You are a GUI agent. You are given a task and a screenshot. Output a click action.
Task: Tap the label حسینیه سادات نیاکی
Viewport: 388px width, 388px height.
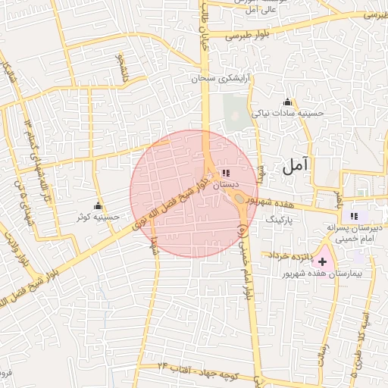point(290,114)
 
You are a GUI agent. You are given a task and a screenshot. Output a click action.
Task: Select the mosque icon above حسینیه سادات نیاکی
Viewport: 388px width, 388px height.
point(287,102)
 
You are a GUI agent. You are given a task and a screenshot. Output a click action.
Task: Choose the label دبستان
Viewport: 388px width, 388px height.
point(226,184)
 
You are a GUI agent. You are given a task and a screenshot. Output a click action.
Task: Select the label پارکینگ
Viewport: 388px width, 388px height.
point(279,217)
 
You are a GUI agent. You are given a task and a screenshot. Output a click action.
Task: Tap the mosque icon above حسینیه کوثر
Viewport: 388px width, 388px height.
point(98,206)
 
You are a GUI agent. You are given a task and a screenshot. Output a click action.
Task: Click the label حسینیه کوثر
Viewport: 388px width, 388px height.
point(98,217)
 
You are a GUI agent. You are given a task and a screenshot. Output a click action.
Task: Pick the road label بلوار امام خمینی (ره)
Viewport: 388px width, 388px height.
point(245,258)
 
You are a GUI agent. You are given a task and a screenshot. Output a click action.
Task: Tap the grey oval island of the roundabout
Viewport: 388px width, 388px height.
point(239,200)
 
